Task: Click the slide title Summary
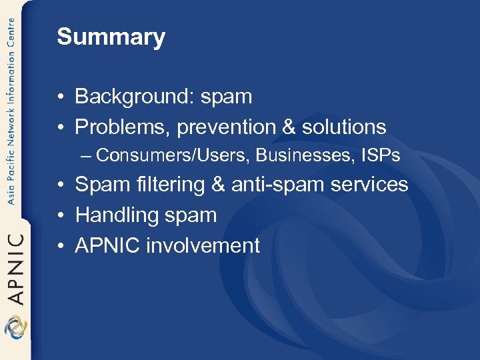tap(111, 37)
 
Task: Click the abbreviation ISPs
tap(380, 155)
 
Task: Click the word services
tap(373, 185)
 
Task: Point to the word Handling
tap(114, 215)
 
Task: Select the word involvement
tap(203, 245)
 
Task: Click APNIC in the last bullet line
tap(107, 245)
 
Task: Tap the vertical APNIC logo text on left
tap(15, 267)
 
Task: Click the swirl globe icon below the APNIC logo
tap(15, 329)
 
